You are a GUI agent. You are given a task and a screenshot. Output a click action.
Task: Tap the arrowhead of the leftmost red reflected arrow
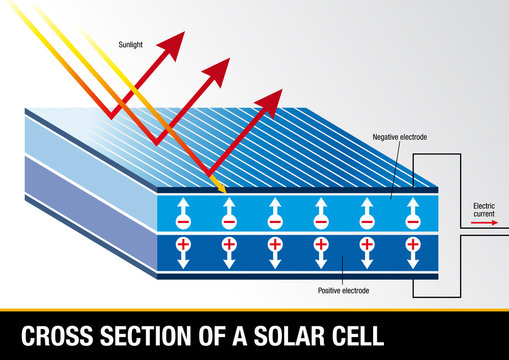(x=173, y=43)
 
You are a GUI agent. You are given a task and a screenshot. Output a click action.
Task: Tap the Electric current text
(x=483, y=209)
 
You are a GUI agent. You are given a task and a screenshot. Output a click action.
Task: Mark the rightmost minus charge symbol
(x=412, y=220)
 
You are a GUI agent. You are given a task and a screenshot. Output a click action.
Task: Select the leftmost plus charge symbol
(x=183, y=244)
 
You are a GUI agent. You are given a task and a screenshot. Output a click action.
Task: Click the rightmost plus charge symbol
(x=412, y=244)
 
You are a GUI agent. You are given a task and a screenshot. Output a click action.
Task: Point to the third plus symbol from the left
(x=275, y=244)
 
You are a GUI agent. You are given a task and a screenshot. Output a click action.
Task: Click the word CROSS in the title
(x=56, y=335)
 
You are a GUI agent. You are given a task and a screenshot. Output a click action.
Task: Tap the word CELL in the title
(x=357, y=335)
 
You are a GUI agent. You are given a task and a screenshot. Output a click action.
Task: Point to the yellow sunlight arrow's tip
(x=226, y=190)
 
